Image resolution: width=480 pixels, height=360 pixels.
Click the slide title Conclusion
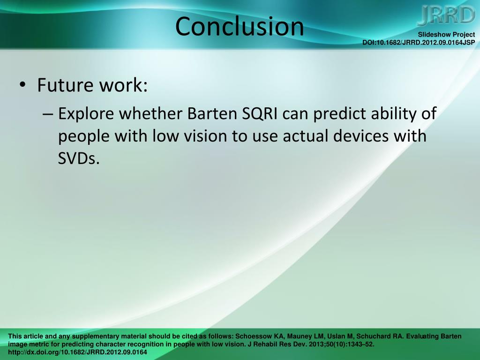pos(240,26)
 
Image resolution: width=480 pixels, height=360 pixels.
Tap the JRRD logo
pos(446,15)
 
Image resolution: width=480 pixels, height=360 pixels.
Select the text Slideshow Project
pos(446,35)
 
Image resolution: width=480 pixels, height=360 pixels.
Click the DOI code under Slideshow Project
pos(419,43)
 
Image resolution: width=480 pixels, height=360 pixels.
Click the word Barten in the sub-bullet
pos(212,113)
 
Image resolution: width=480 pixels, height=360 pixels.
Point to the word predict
pos(340,113)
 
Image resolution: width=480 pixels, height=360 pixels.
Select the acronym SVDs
pos(79,158)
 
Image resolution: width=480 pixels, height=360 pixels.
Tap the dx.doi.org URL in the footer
pos(77,352)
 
